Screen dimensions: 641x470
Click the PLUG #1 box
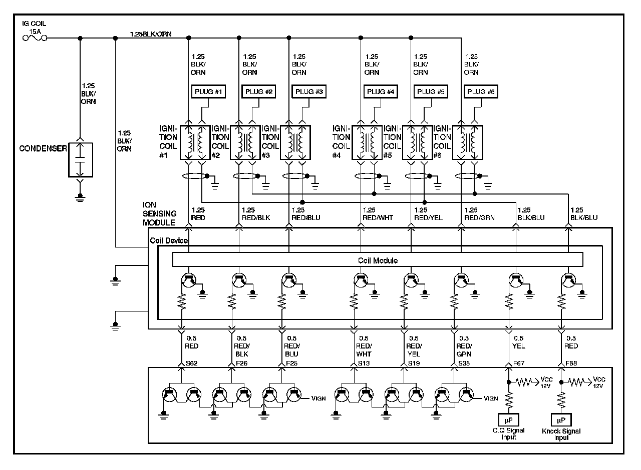tap(208, 91)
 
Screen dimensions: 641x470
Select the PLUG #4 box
tap(381, 91)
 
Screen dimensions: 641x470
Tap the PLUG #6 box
tap(481, 91)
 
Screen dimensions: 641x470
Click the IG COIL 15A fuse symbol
tap(35, 37)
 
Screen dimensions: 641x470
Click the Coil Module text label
tap(378, 260)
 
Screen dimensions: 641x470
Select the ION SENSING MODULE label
tap(159, 213)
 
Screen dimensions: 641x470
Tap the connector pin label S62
tap(191, 363)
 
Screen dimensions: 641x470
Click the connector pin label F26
tap(242, 363)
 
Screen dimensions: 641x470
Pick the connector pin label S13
tap(364, 363)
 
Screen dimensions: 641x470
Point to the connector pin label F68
tap(571, 363)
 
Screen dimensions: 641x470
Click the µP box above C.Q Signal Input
tap(508, 419)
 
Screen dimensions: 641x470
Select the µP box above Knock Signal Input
tap(561, 419)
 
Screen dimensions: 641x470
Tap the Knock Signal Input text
tap(561, 434)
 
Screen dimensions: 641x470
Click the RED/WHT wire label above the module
tap(378, 217)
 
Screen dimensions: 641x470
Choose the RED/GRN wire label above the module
tap(479, 217)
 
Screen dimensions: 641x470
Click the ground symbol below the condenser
tap(80, 197)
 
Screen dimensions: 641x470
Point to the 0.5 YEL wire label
tap(518, 342)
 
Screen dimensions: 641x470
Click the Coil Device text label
tap(169, 240)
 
